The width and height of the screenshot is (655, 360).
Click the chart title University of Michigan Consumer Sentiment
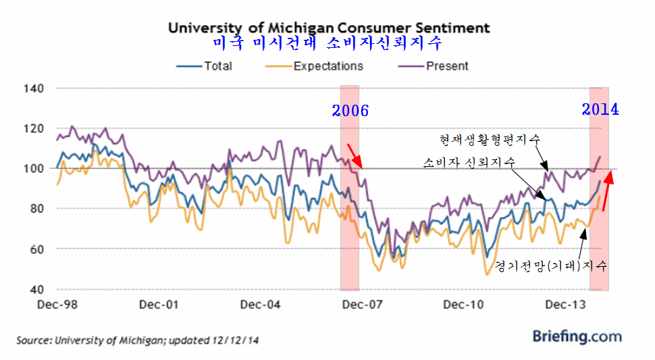click(x=329, y=28)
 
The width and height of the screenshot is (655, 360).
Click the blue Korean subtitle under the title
click(x=327, y=45)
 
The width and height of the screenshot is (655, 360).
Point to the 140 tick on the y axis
click(x=33, y=88)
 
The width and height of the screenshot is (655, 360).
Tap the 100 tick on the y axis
click(x=33, y=168)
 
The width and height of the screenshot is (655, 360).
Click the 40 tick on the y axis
click(x=36, y=290)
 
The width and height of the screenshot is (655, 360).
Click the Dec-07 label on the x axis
click(x=363, y=305)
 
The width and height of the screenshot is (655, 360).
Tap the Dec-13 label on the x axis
click(x=565, y=305)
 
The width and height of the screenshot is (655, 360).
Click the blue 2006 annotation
click(x=350, y=111)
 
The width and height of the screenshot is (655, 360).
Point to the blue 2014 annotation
click(x=600, y=109)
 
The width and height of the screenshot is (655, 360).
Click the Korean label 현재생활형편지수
click(x=490, y=140)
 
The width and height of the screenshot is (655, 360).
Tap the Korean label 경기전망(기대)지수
click(x=552, y=265)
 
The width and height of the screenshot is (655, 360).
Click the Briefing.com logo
click(x=577, y=336)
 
